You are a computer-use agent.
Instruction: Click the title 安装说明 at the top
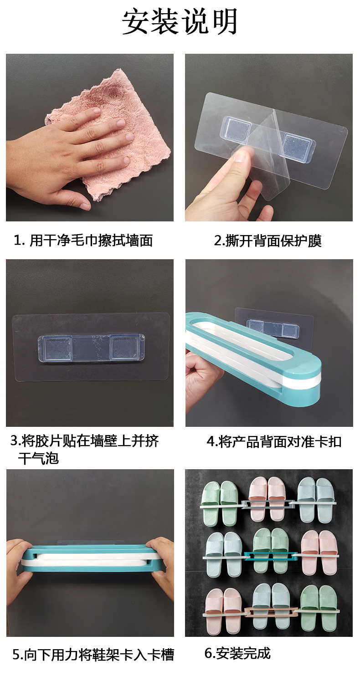coord(180,22)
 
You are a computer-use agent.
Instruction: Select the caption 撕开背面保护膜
coord(268,241)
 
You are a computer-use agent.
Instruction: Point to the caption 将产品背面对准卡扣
coord(274,441)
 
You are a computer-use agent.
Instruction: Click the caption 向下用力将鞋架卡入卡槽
coord(93,655)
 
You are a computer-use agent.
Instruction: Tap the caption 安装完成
coord(237,653)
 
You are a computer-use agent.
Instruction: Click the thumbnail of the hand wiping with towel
coord(90,138)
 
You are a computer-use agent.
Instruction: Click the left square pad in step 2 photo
coord(236,128)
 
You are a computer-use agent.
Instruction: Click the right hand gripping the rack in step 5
coord(162,567)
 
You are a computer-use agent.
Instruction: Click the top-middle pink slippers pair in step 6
coord(268,497)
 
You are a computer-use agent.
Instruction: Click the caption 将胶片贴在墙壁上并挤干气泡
coord(85,449)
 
